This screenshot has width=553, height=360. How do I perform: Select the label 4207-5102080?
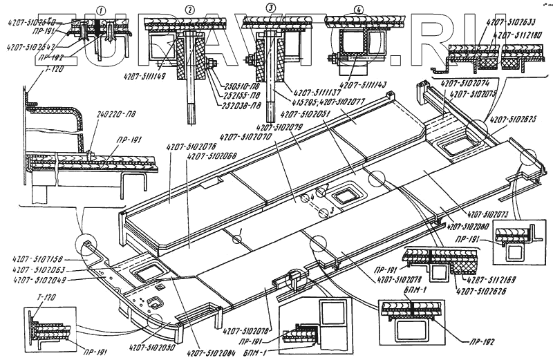[467, 225]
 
